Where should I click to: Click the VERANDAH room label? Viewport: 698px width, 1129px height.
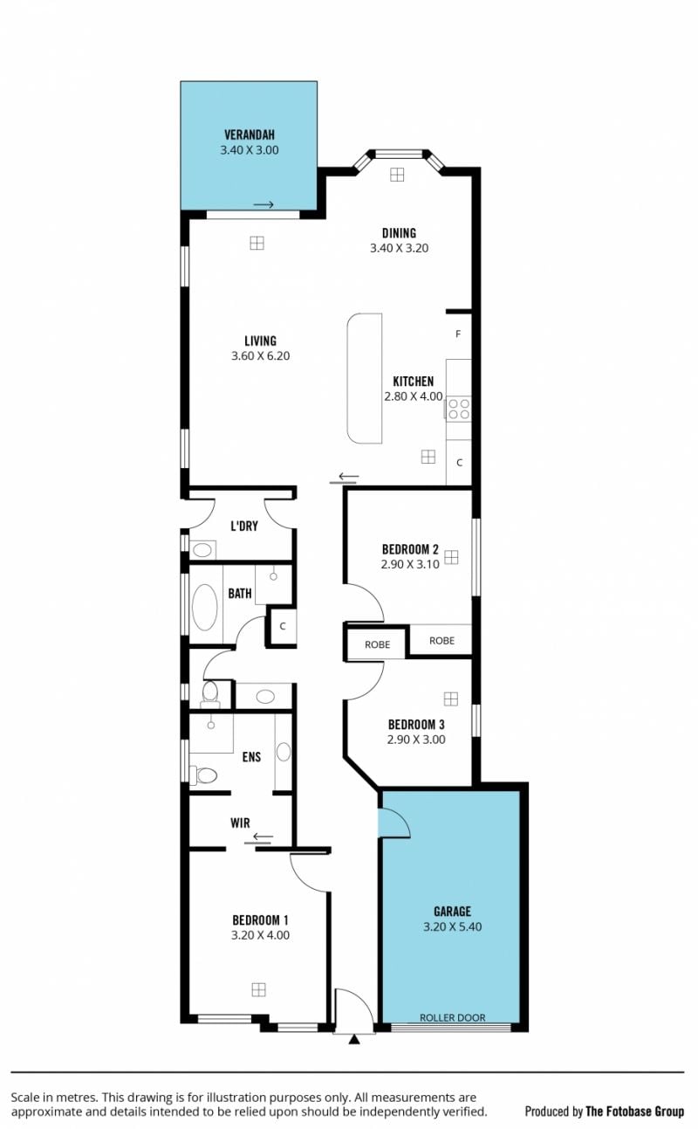250,134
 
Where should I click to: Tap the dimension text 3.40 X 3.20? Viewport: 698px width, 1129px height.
400,248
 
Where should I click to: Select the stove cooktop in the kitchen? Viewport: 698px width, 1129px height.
459,409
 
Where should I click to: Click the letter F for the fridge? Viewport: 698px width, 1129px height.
458,334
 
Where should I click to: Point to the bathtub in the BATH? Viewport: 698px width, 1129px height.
204,608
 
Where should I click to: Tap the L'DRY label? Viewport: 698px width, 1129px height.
244,527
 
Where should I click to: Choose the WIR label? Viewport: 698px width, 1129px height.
240,823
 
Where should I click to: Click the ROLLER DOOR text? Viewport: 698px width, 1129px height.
453,1017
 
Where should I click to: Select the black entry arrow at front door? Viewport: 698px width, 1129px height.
354,1039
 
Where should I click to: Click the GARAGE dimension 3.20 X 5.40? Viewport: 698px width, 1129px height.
452,926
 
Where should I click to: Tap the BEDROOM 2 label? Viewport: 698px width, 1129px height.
410,549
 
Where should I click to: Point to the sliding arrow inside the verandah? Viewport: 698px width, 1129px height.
263,204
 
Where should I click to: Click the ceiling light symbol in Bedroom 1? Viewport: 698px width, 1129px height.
258,989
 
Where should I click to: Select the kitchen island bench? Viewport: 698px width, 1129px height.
364,379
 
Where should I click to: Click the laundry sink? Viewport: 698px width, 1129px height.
202,550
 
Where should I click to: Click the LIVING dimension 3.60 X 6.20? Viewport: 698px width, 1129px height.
260,356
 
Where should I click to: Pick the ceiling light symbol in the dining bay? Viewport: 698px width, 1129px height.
397,175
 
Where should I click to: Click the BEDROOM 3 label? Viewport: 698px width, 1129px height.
416,724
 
